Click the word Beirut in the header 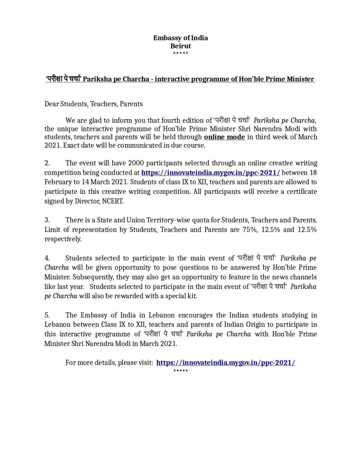pos(181,46)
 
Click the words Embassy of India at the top pos(181,38)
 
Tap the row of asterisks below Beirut pos(181,53)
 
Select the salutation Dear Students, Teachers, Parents pos(93,104)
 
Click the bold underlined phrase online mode pos(224,137)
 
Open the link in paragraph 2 pos(210,172)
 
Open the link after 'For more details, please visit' pos(226,363)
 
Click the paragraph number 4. pos(47,258)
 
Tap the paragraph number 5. pos(47,315)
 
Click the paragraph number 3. pos(47,220)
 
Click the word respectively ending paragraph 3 pos(63,239)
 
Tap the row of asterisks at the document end pos(181,371)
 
